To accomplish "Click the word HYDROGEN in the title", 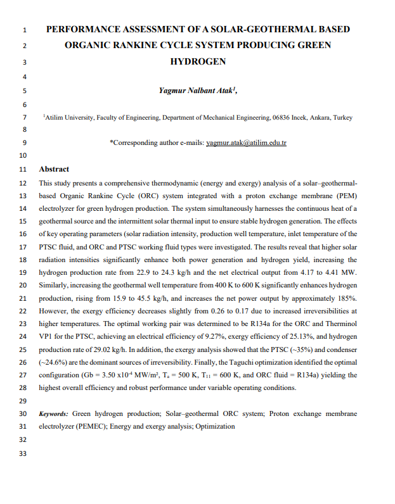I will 198,62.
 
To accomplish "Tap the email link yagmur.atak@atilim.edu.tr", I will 247,143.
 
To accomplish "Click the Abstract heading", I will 54,169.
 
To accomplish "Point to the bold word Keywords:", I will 54,413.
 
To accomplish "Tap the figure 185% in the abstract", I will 346,297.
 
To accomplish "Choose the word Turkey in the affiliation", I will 343,118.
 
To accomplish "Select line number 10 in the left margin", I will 23,155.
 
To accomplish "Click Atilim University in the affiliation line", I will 70,118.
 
